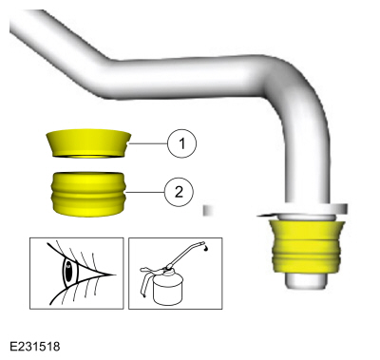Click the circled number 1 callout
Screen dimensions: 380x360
pos(181,143)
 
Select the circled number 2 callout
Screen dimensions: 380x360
pos(179,192)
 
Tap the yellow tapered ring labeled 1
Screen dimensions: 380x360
pos(88,143)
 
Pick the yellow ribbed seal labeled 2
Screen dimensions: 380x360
pos(88,195)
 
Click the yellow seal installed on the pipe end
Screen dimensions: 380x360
pos(306,247)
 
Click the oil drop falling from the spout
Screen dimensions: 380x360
pos(206,249)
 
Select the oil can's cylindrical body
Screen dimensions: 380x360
pos(168,287)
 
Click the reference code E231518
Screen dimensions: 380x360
pos(35,347)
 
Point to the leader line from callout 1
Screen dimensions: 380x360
pos(147,143)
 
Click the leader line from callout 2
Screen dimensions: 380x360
pos(145,192)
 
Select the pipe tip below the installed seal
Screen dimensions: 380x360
pos(306,280)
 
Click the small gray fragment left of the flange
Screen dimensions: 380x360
pos(209,211)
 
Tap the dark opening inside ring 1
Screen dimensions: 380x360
pos(88,157)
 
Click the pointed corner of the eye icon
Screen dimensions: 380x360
pos(115,275)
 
